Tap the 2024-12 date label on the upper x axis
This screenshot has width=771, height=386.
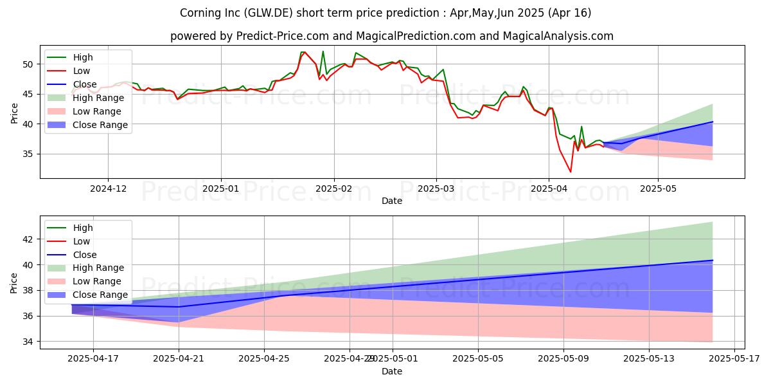[x=108, y=188]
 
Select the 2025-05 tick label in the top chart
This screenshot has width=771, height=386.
[x=658, y=188]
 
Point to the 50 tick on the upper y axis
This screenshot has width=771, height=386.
[x=28, y=64]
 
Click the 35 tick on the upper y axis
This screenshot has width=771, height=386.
[x=28, y=154]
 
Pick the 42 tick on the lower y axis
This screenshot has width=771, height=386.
[x=28, y=239]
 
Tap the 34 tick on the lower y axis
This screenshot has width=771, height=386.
[x=28, y=342]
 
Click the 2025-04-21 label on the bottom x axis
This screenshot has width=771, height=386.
[x=179, y=359]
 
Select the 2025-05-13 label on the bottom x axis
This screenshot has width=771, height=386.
[x=648, y=359]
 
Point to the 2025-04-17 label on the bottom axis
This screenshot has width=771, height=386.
[x=93, y=359]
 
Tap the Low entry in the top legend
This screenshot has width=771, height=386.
[x=82, y=71]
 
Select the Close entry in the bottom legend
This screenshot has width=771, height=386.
[x=85, y=255]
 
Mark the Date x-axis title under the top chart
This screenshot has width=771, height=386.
[x=392, y=201]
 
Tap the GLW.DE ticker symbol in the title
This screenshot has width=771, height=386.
[x=260, y=13]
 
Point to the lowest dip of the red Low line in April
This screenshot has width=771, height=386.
[x=571, y=172]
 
